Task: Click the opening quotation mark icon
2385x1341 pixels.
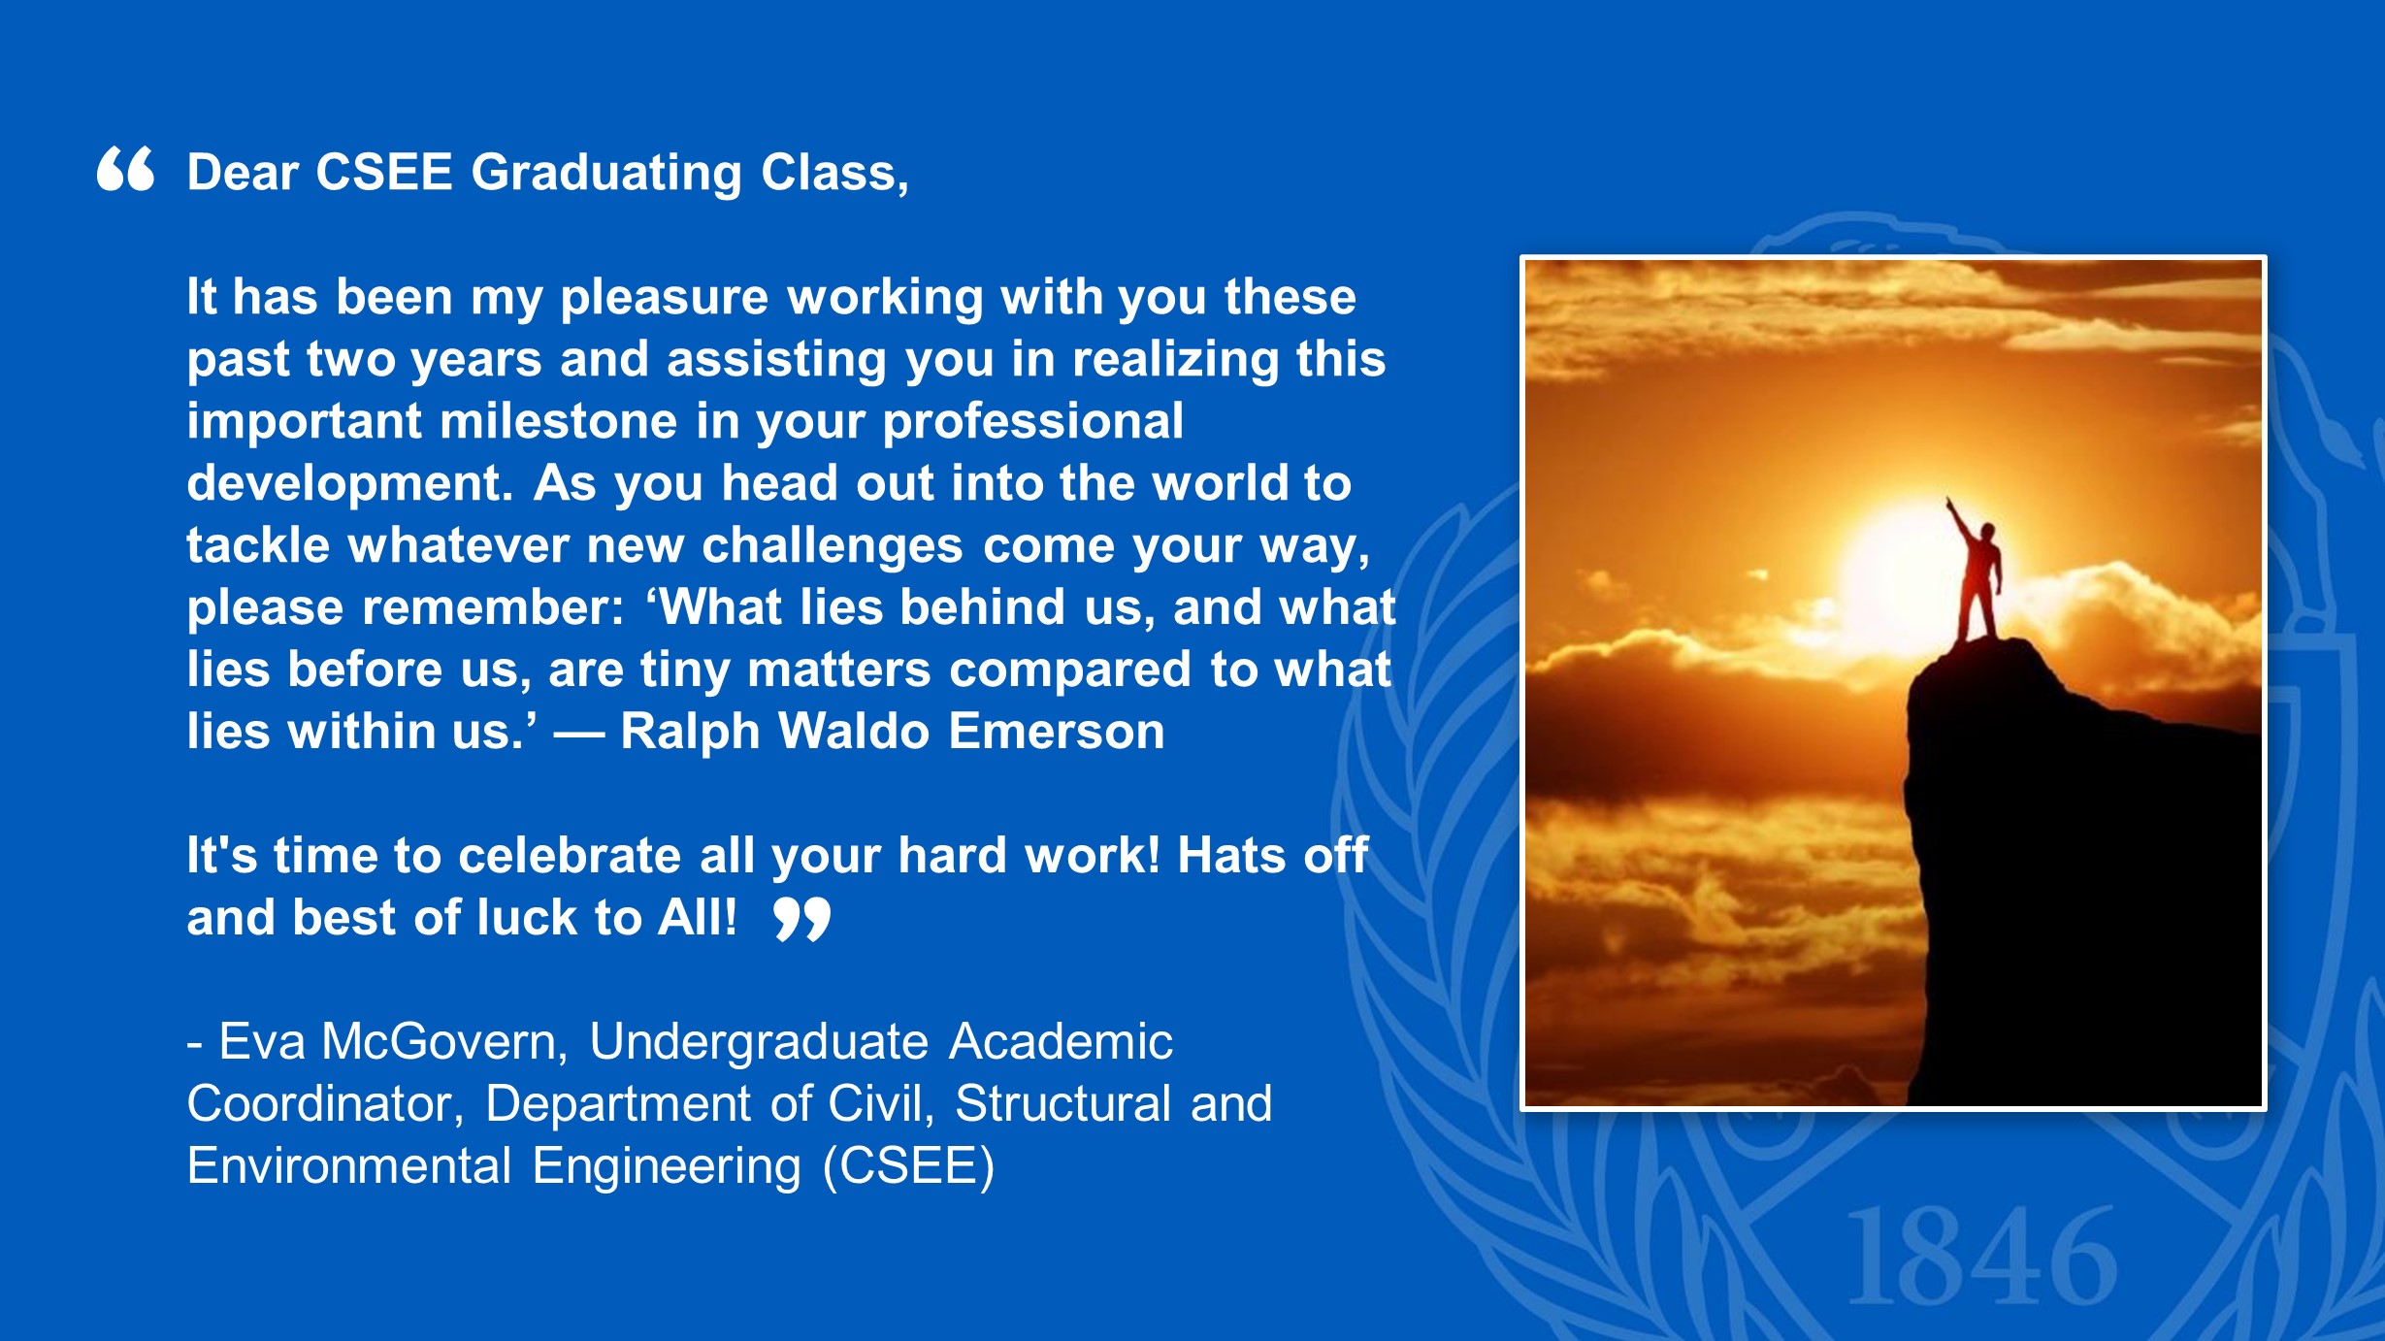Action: (125, 169)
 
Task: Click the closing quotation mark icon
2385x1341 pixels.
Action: (802, 919)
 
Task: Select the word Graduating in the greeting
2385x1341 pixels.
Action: (606, 175)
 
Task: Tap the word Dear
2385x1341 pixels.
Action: (243, 173)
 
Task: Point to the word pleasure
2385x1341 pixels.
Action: (665, 298)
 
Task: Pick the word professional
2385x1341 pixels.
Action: (1032, 423)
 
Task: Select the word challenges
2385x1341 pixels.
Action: (833, 546)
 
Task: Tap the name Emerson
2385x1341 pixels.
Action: (1057, 732)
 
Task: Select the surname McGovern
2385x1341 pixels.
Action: (443, 1042)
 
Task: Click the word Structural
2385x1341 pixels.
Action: (1063, 1104)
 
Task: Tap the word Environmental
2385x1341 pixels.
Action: (349, 1166)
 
